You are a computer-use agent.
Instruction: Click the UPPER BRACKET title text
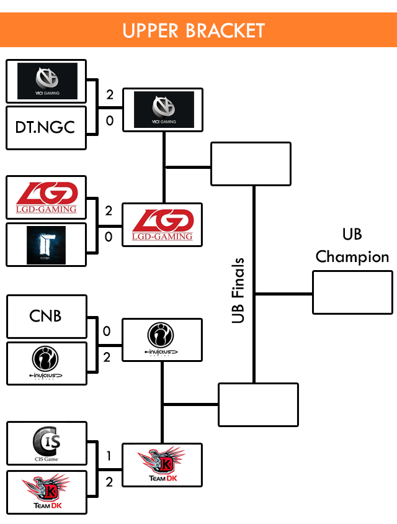194,30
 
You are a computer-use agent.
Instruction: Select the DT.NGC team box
46,127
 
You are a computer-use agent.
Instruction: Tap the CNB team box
46,316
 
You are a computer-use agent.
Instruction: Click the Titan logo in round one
46,245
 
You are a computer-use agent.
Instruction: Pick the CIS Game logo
47,443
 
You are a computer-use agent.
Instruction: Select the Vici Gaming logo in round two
164,110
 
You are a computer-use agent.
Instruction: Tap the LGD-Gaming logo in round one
47,198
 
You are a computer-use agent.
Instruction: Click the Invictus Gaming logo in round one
47,363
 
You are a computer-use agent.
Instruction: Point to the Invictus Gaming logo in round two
162,340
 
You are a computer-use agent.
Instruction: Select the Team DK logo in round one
47,492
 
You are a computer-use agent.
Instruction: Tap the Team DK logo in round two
162,464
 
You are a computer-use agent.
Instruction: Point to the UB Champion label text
352,245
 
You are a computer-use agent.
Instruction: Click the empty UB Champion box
352,292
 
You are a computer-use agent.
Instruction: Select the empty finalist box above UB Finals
251,164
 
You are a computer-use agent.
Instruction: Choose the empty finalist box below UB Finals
258,405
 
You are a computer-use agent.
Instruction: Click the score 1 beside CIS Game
109,456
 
